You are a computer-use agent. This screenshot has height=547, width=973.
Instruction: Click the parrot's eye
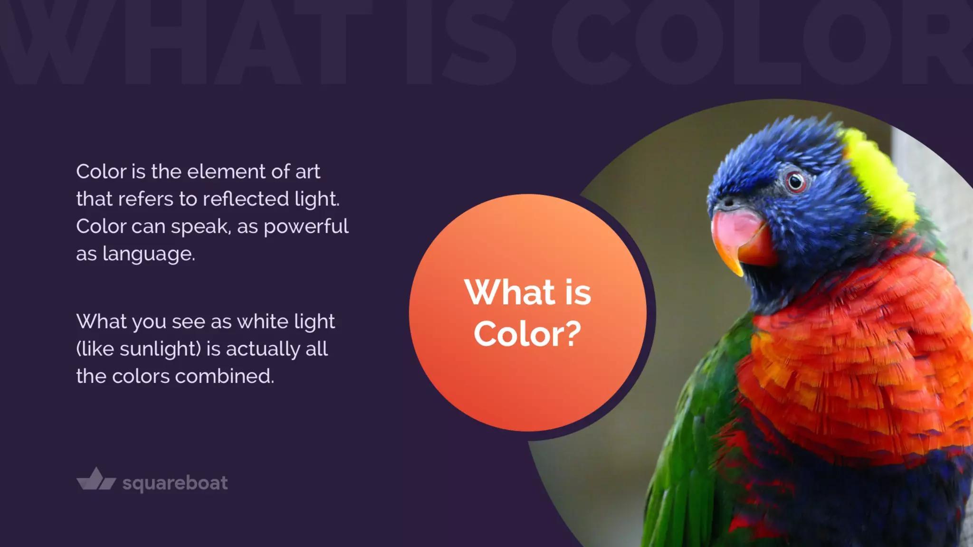pos(795,181)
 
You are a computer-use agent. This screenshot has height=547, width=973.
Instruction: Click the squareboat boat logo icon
pos(96,480)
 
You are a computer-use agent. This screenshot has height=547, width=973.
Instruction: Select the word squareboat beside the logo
pos(175,483)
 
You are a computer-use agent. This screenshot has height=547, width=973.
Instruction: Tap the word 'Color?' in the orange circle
pos(527,334)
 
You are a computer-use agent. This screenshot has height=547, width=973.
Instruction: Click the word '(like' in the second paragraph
pos(95,349)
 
